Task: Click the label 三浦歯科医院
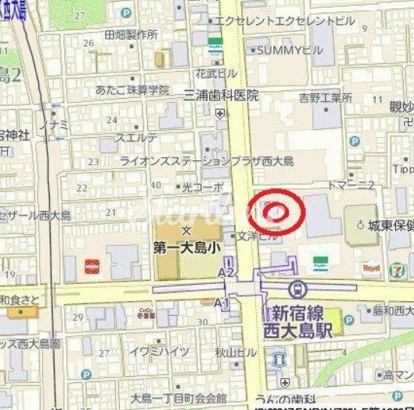(221, 96)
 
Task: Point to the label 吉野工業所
(325, 98)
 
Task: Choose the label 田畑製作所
(131, 35)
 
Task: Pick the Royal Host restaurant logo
(371, 268)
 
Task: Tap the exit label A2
(226, 273)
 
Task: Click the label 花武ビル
(216, 72)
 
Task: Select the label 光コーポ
(202, 187)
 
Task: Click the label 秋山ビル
(236, 352)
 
